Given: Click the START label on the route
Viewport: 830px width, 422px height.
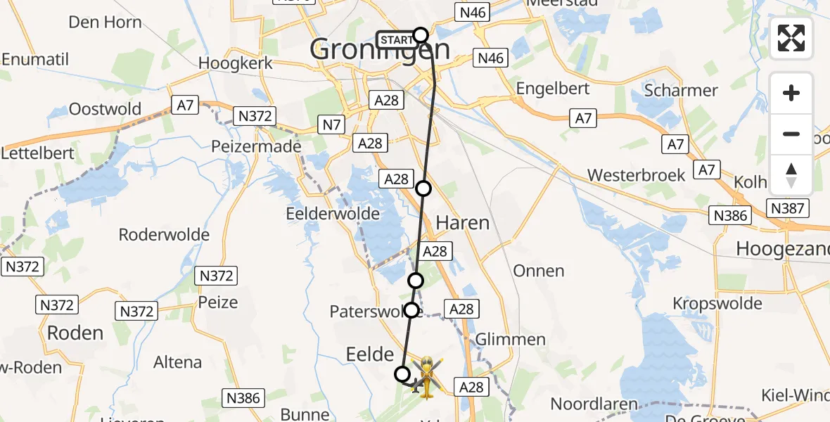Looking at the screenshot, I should point(396,40).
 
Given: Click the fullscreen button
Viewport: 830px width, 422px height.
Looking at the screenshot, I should point(791,38).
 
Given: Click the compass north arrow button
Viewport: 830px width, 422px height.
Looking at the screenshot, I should point(791,175).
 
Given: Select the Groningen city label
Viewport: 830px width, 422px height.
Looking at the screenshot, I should point(380,50).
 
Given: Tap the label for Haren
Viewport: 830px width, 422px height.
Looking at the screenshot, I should point(462,223).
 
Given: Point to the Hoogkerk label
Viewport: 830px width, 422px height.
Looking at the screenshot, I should point(235,63).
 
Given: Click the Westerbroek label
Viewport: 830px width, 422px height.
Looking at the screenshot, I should point(636,175).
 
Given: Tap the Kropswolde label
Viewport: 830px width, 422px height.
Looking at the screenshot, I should point(717,304).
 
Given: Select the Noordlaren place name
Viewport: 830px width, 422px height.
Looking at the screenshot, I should point(594,404).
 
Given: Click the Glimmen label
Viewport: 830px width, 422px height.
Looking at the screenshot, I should point(511,340).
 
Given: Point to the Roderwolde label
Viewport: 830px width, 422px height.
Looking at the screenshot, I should point(165,235).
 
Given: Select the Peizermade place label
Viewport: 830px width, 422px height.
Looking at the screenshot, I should point(256,147).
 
